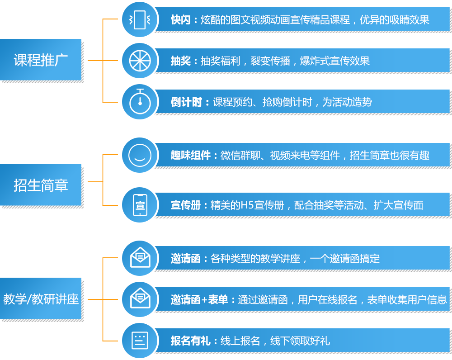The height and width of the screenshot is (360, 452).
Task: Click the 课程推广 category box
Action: [41, 60]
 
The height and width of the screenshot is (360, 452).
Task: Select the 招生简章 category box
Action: [41, 185]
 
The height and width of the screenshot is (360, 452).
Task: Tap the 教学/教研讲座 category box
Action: [41, 299]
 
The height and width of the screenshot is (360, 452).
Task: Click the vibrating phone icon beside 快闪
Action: [140, 20]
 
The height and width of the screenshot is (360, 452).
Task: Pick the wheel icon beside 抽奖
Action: [140, 61]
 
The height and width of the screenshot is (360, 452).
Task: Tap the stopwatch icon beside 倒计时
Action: [140, 102]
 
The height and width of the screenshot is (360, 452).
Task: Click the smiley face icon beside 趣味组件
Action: [140, 155]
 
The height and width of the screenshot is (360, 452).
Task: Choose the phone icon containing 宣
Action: [140, 205]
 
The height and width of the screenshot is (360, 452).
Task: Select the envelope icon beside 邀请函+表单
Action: [140, 299]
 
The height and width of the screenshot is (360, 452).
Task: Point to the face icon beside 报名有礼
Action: [140, 340]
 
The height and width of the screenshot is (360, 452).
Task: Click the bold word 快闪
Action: [181, 20]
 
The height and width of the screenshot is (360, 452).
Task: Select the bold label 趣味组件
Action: [191, 156]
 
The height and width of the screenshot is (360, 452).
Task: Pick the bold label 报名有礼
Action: [191, 341]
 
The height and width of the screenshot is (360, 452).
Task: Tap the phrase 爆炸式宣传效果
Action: [335, 61]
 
